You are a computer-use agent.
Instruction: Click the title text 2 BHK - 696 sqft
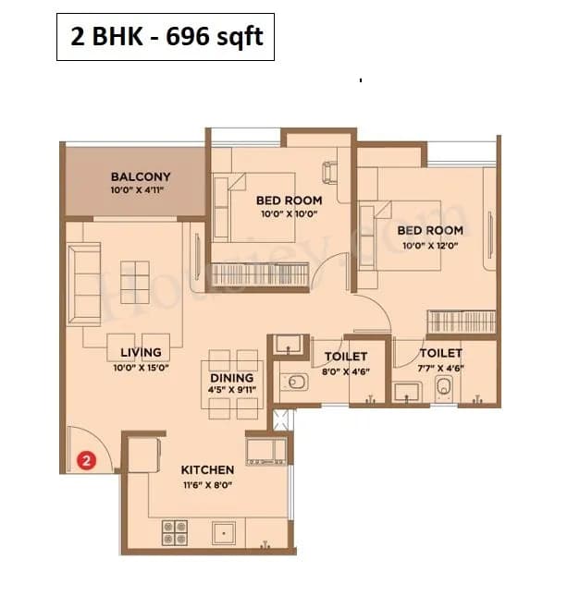point(166,38)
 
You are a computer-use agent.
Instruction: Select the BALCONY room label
point(141,176)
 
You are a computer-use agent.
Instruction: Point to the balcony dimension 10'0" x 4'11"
point(141,191)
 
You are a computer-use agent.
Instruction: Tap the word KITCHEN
point(207,469)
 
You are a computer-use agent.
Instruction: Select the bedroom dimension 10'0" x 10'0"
point(289,214)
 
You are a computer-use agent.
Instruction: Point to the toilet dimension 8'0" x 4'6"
point(346,370)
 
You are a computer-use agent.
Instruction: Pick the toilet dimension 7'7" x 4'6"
point(440,368)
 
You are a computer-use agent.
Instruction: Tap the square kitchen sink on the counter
point(223,532)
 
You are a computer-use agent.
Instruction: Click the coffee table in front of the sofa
point(135,277)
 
